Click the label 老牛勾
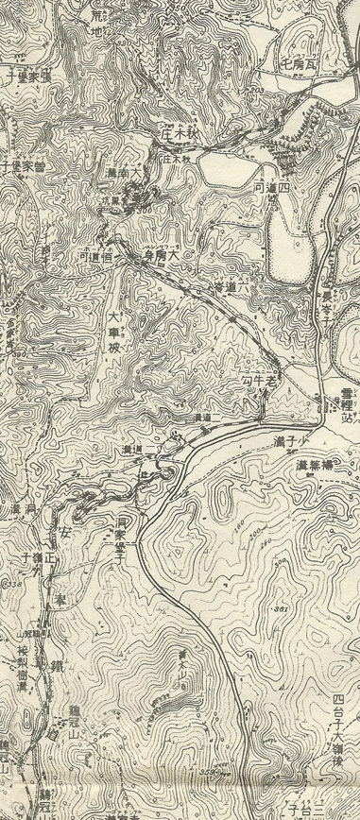point(258,381)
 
